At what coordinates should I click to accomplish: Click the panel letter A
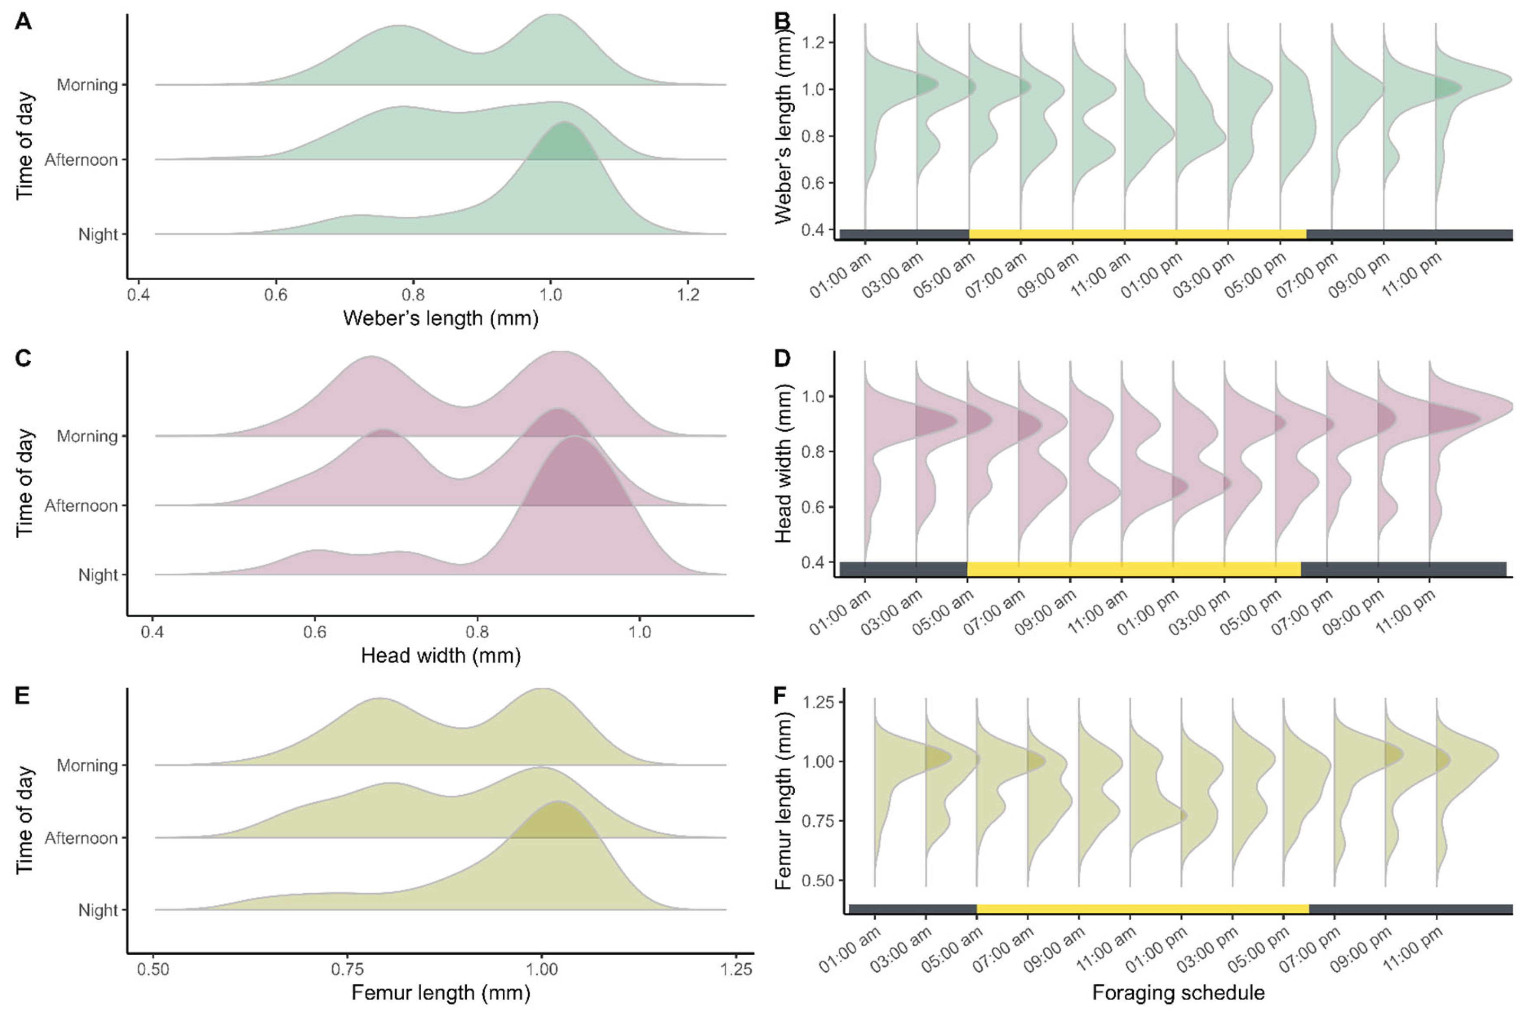pos(23,21)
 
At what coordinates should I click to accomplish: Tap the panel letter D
pos(782,358)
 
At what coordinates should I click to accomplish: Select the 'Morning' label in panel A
pos(87,85)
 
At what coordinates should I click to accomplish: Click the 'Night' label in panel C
pos(98,575)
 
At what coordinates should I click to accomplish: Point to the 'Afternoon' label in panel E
pos(81,838)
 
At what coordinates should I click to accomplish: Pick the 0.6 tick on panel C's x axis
pos(314,632)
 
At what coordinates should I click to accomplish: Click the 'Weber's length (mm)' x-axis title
pos(441,318)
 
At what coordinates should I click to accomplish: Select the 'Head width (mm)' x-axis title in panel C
pos(441,656)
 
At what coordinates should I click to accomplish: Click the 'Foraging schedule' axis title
pos(1178,993)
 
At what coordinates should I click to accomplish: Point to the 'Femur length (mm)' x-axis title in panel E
pos(441,993)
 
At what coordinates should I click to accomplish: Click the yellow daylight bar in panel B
pos(1137,235)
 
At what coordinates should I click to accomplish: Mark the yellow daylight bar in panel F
pos(1142,908)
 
